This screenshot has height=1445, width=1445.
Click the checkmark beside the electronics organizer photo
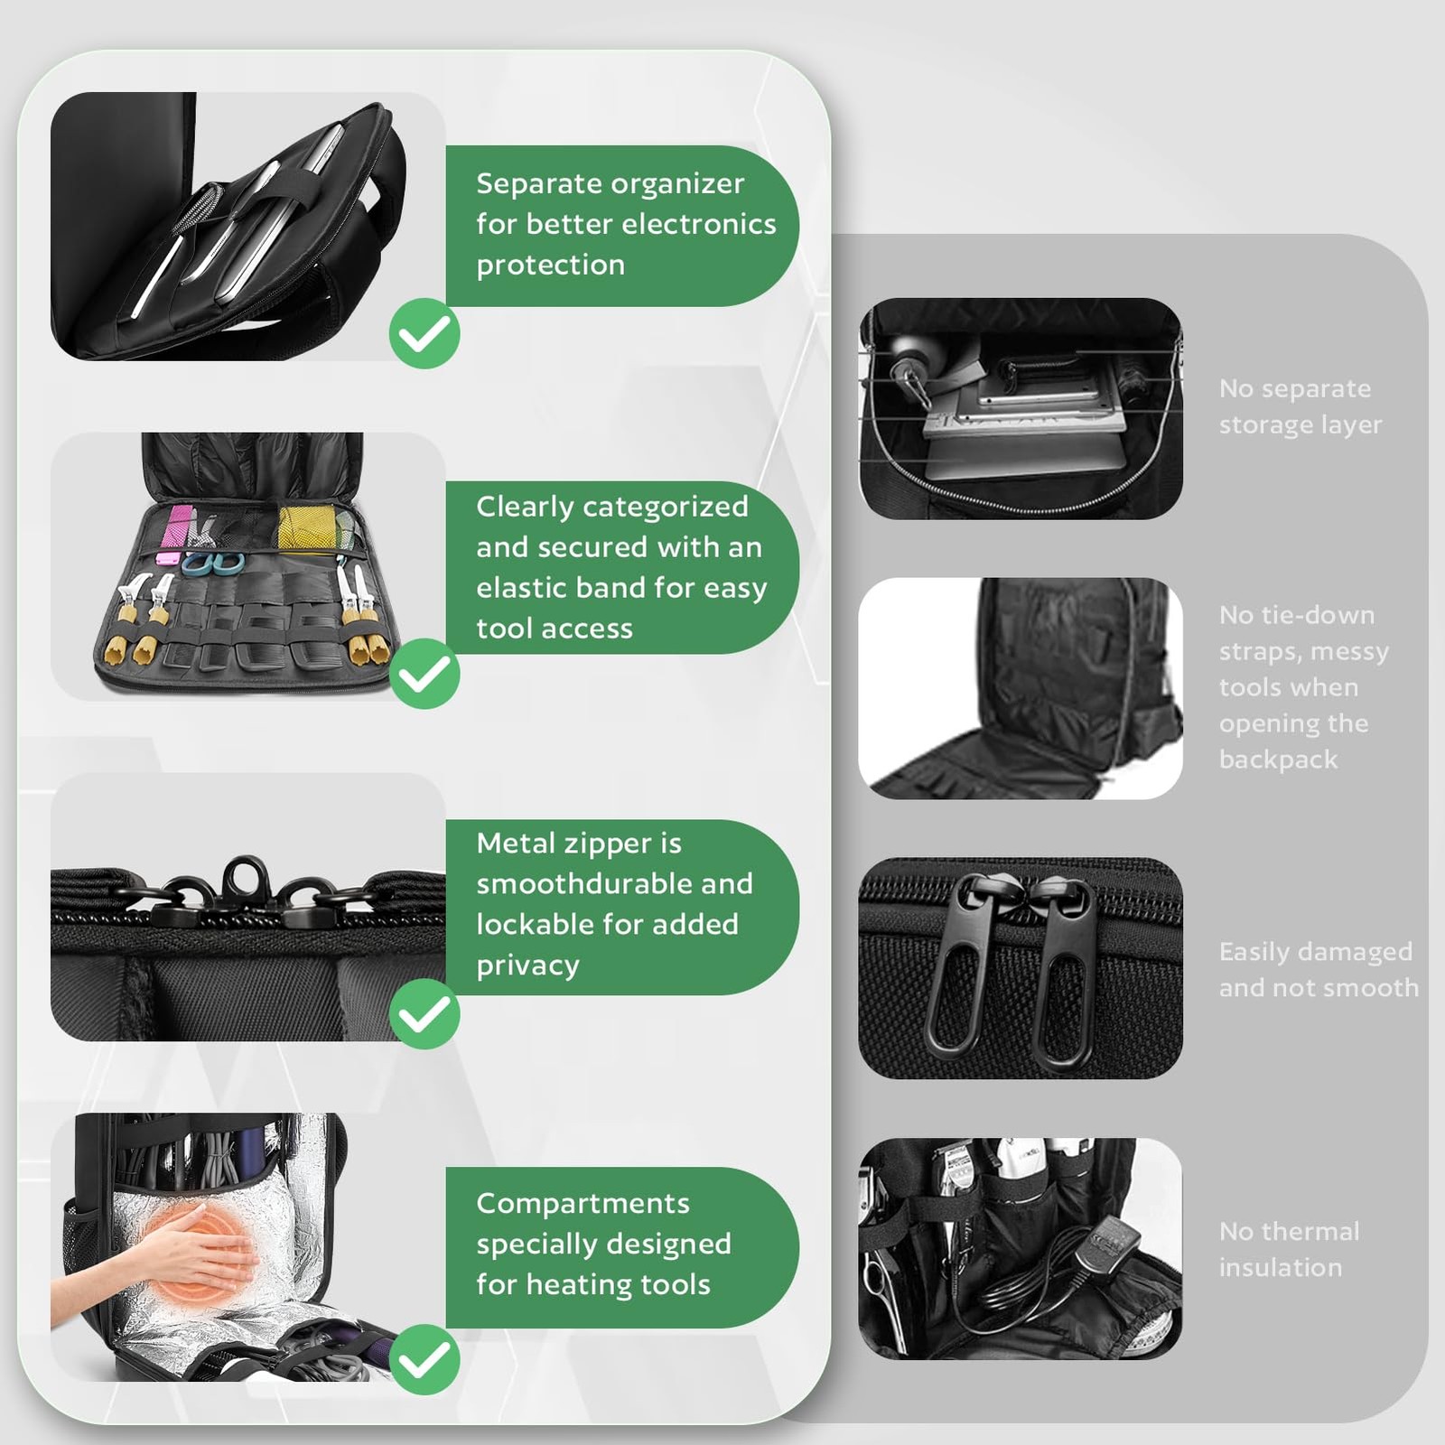[424, 333]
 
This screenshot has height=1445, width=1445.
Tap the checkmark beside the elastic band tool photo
[424, 674]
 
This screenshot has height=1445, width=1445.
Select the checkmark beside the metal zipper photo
[424, 1014]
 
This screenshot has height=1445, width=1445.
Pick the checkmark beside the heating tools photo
[424, 1360]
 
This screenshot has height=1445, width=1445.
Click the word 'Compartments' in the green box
[583, 1203]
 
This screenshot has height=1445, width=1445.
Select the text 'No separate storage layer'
[1299, 406]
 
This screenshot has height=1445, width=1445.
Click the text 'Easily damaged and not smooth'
[1317, 969]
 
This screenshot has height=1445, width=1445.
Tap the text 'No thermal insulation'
[1288, 1249]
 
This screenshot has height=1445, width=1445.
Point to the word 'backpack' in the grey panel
[1277, 760]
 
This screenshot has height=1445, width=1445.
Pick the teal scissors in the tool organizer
[214, 564]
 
